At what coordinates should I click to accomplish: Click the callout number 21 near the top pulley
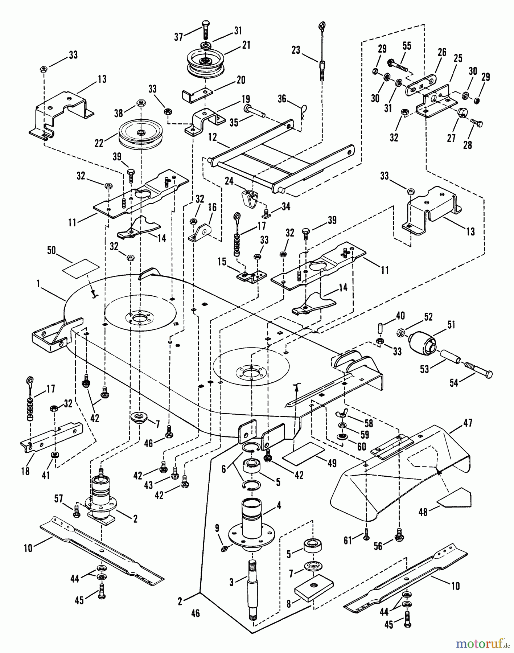pyautogui.click(x=246, y=45)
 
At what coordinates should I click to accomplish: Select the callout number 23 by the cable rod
pyautogui.click(x=296, y=49)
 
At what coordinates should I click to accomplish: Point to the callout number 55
pyautogui.click(x=407, y=46)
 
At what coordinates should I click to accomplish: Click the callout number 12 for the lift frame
pyautogui.click(x=213, y=137)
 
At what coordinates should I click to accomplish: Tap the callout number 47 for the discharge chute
pyautogui.click(x=468, y=423)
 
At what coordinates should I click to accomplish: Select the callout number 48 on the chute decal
pyautogui.click(x=423, y=512)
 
